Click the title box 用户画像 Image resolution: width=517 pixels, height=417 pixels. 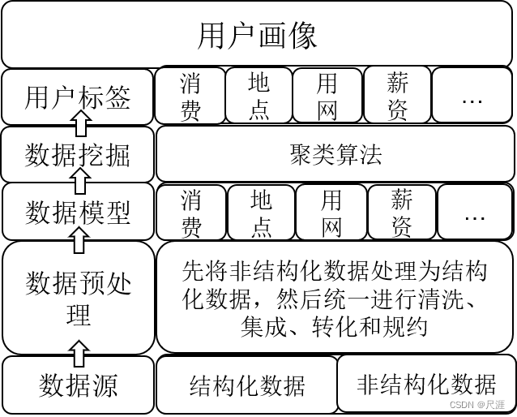258,36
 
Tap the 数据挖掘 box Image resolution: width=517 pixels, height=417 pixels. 78,155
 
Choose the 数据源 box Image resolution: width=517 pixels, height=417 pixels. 78,385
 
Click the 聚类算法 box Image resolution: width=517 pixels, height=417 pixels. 335,154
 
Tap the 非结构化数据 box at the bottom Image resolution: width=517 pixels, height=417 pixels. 426,383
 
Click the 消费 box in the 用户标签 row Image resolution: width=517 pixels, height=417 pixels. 190,96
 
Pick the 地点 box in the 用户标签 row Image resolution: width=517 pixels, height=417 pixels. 258,96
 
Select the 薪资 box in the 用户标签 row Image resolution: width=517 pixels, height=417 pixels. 397,96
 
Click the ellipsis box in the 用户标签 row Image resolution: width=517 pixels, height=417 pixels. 472,96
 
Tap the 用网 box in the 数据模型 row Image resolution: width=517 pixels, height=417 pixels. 331,213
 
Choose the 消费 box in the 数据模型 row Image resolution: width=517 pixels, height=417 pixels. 191,213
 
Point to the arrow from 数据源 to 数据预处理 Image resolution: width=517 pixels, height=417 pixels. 79,353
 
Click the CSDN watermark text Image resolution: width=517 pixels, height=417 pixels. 477,404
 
